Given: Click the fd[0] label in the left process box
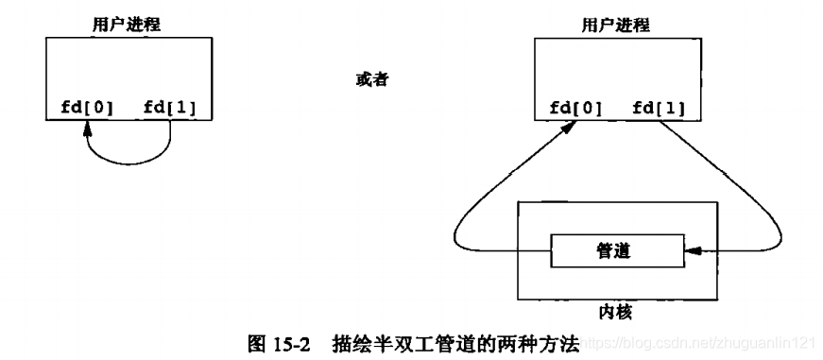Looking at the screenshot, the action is pyautogui.click(x=80, y=107).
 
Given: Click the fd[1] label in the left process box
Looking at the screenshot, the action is pyautogui.click(x=170, y=107).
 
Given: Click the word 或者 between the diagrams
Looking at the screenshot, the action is pyautogui.click(x=365, y=79).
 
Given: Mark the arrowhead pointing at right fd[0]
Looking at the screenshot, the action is pyautogui.click(x=571, y=127).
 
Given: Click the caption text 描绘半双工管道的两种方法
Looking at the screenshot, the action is pyautogui.click(x=454, y=345).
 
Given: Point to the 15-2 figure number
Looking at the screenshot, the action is pyautogui.click(x=289, y=345).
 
